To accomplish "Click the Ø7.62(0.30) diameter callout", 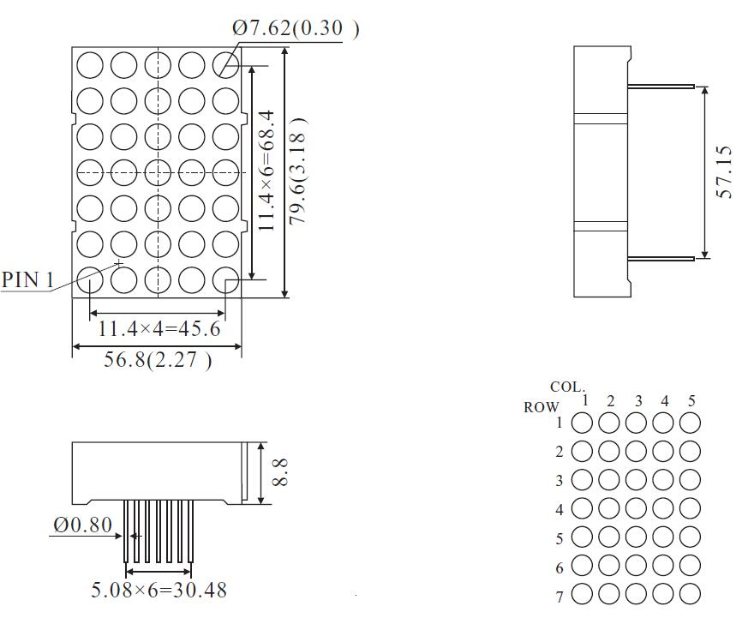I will coord(296,28).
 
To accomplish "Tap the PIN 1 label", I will coord(28,279).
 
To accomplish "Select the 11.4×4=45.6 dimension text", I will coord(159,329).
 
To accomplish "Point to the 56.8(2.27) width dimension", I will coord(158,360).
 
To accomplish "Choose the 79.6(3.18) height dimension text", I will coord(297,171).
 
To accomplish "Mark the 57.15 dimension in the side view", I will coord(724,171).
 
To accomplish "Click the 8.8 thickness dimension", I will coord(280,472).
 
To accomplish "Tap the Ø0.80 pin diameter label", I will coord(82,525).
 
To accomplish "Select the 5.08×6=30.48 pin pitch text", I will coord(159,590).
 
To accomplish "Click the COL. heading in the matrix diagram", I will coord(567,387).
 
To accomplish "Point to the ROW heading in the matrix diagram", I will coord(541,408).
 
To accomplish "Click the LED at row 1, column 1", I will coord(583,423).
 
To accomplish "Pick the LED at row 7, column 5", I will coord(690,594).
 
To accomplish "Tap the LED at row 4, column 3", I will coord(637,508).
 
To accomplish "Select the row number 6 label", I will coord(560,568).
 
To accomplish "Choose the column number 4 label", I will coord(665,401).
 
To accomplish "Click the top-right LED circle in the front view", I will coord(225,64).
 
